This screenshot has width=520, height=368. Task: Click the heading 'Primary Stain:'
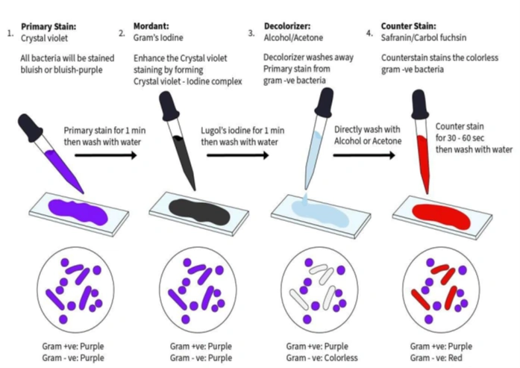coord(48,27)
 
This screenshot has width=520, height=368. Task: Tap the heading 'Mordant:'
coord(151,26)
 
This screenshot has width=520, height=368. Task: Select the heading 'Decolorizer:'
coord(287,26)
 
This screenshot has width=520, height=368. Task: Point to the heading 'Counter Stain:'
coord(409,26)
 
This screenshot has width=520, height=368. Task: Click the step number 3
coord(251,33)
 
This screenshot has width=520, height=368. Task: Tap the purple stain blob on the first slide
coord(78,211)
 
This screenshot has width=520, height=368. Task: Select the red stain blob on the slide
coord(441,216)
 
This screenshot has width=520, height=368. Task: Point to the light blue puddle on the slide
coord(320,214)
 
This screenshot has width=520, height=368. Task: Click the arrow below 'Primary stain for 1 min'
coord(106,155)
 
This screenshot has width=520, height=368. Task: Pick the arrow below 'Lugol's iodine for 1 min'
coord(238,155)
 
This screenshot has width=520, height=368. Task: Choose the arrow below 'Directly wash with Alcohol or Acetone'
coord(364,155)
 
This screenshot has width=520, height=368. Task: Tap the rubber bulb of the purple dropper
coord(30,128)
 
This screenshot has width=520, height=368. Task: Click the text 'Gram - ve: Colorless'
coord(322,358)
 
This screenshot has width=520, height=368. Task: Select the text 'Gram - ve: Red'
coord(436,358)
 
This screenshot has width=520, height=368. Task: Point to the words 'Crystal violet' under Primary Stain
coord(44,38)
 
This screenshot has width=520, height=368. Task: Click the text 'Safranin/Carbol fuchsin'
coord(424,37)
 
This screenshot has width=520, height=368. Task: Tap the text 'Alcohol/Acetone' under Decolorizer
coord(293,37)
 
